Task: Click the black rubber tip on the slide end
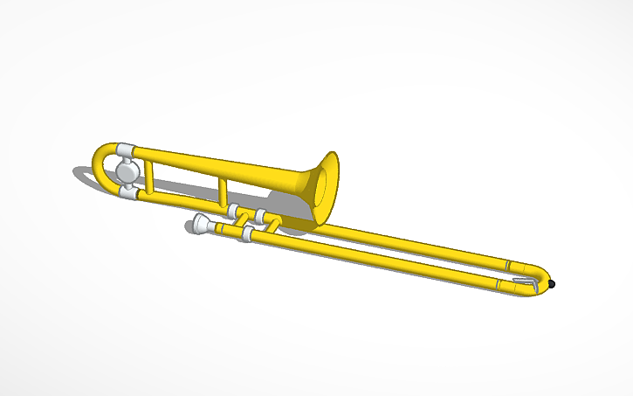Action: tap(552, 284)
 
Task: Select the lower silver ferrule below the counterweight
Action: tap(130, 192)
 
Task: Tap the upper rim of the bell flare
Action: tap(332, 157)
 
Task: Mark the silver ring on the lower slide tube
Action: tap(499, 285)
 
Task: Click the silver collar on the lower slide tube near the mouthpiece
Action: tap(247, 236)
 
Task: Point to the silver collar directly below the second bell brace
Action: tap(234, 211)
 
